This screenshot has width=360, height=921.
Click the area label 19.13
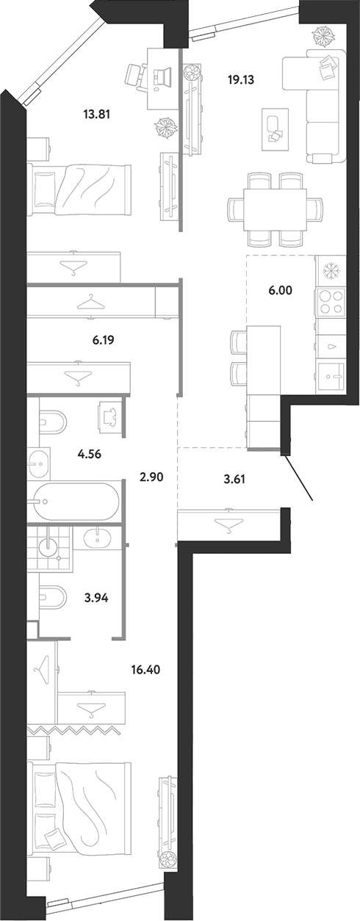coord(241,80)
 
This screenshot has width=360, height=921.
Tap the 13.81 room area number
coord(96,115)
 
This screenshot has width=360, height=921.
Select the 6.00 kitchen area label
coord(280,290)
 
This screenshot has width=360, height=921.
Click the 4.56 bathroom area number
coord(90,455)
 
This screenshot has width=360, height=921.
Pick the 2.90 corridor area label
coord(152,477)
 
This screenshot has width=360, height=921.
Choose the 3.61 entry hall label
coord(234,479)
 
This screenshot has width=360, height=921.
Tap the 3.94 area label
coord(96,598)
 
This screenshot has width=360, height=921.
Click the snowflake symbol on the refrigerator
coord(330,271)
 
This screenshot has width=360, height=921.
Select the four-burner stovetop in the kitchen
coord(331,302)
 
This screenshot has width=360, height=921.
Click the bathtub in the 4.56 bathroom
coord(76,501)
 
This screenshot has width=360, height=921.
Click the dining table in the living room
coord(275,210)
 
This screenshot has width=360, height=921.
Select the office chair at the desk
coord(136,76)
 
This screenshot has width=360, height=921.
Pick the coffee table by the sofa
coord(276,129)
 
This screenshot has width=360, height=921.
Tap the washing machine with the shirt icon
coord(111,418)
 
